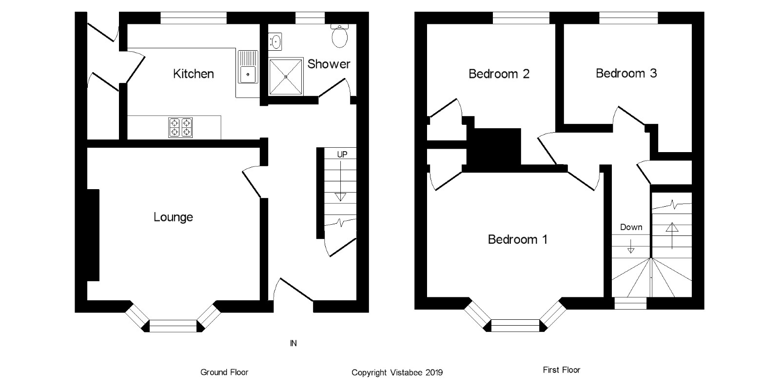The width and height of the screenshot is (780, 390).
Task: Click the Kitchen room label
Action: click(194, 74)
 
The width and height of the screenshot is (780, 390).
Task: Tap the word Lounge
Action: click(173, 217)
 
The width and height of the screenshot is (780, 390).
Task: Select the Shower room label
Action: click(329, 64)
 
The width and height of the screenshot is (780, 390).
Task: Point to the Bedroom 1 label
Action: click(517, 239)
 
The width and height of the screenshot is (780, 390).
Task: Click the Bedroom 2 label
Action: click(499, 74)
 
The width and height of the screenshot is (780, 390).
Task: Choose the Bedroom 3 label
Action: click(626, 73)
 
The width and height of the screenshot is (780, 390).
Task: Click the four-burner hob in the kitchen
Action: click(180, 128)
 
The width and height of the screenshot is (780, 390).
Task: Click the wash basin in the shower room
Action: click(276, 41)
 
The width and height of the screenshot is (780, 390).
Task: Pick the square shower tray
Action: click(286, 77)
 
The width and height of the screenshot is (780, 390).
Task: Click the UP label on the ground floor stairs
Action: click(342, 155)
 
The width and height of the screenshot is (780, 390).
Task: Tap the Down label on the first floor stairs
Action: click(631, 227)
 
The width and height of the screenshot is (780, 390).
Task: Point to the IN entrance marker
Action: click(293, 343)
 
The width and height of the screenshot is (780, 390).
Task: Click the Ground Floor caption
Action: click(224, 372)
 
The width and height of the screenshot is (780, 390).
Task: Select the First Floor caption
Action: click(562, 370)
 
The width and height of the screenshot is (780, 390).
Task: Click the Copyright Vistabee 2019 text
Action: click(397, 372)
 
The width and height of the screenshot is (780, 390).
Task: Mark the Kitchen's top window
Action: click(194, 18)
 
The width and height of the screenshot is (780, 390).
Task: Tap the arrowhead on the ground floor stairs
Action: click(340, 197)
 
